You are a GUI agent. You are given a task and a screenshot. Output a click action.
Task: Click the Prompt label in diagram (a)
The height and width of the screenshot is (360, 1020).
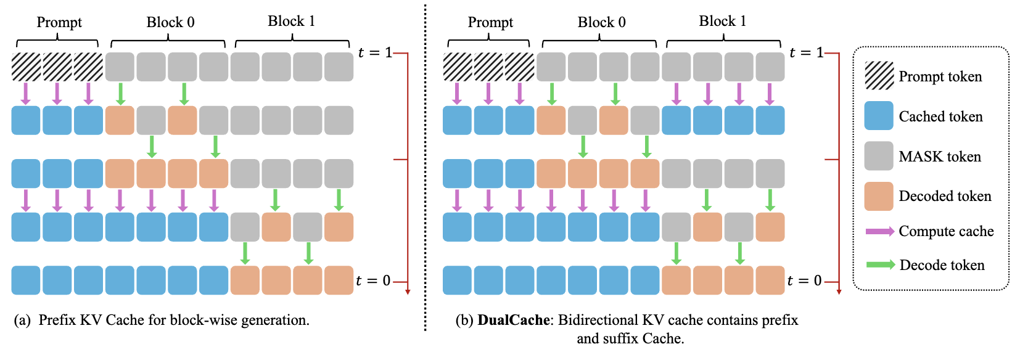tap(59, 22)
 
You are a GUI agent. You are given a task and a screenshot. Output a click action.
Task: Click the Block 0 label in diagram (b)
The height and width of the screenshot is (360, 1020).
tap(601, 22)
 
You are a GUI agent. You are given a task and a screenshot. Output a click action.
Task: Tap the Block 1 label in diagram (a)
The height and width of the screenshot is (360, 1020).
tap(291, 21)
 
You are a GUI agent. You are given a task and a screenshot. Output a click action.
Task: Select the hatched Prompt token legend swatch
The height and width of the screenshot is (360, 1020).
tap(879, 76)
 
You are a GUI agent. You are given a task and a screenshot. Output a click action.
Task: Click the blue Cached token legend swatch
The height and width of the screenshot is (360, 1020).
tap(879, 116)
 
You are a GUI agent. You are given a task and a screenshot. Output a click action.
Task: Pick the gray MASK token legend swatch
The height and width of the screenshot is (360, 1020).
tap(879, 156)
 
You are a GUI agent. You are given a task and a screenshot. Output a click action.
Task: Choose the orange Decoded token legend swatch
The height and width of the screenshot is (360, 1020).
tap(879, 196)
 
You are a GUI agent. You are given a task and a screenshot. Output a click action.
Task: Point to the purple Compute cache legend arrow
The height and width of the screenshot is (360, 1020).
tap(880, 231)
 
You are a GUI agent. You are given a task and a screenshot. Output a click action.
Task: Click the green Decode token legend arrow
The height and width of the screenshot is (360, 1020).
tap(880, 265)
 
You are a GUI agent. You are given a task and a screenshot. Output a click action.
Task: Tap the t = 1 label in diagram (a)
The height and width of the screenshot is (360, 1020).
tap(375, 53)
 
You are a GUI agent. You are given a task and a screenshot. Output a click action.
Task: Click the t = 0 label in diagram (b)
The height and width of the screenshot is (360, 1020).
tap(805, 281)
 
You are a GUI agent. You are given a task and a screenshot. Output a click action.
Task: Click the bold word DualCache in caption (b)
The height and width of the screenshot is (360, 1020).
tap(513, 320)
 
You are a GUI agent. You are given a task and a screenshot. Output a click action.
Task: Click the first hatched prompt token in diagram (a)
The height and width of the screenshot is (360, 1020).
tap(26, 67)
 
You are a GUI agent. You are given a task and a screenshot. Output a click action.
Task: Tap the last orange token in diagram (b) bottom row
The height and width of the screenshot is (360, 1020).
tap(770, 280)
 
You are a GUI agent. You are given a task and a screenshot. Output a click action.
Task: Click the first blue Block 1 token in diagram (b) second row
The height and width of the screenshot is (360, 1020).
tap(676, 120)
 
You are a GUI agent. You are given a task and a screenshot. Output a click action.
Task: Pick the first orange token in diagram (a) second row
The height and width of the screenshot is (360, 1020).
tap(120, 120)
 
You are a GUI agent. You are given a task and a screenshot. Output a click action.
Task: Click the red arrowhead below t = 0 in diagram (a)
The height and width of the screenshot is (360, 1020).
tap(408, 292)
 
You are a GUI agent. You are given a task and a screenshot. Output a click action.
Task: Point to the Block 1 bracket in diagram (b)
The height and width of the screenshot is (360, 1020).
tap(723, 41)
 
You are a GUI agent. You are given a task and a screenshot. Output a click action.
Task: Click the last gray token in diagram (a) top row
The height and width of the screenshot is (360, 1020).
tap(339, 67)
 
